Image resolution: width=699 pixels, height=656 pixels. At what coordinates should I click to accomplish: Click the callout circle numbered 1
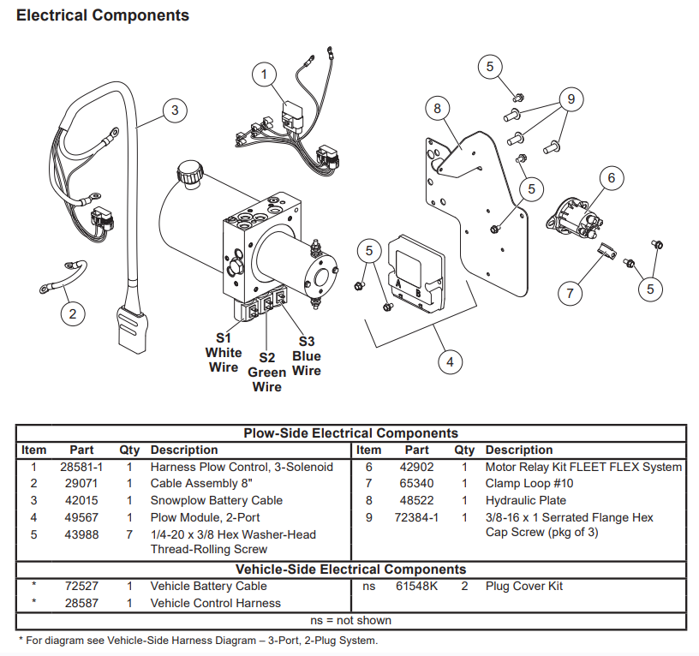[265, 75]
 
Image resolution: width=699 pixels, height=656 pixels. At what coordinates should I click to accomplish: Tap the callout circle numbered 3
[175, 110]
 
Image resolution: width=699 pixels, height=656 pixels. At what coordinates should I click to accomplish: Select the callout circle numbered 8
[438, 109]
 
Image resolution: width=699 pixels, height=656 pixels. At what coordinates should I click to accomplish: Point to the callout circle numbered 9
[570, 98]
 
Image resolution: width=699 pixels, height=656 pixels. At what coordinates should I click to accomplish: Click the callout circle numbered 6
[611, 178]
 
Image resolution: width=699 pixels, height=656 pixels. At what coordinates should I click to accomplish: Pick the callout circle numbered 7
[570, 293]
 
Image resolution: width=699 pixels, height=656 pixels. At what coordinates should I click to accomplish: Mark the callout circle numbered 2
[73, 313]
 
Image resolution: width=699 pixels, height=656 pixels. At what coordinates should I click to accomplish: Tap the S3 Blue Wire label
[306, 355]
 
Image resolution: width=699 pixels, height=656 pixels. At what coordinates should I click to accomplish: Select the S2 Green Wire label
[266, 372]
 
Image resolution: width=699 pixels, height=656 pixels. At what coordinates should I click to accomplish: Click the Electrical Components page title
[103, 15]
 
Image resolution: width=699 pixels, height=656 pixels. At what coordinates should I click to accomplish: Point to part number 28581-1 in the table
[82, 467]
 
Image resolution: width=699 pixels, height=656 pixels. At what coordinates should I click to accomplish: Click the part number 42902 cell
[417, 467]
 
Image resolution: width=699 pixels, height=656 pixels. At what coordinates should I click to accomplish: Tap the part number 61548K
[417, 586]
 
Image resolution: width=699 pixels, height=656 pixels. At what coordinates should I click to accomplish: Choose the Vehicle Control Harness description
[216, 603]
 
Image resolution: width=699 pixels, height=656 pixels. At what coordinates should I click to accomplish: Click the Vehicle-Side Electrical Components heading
[351, 570]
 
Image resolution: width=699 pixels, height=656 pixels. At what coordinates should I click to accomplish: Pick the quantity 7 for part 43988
[129, 534]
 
